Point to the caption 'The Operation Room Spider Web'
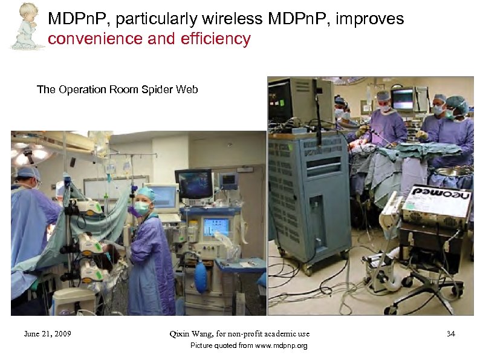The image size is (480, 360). pos(117,90)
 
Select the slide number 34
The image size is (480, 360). pos(450,333)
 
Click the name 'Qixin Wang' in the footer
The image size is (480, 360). pos(192,333)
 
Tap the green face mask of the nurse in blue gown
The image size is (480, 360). pos(142,206)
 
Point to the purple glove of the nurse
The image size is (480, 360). pos(134,211)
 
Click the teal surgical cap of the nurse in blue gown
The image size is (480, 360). pos(146,194)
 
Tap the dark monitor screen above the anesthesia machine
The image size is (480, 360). pos(193,183)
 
